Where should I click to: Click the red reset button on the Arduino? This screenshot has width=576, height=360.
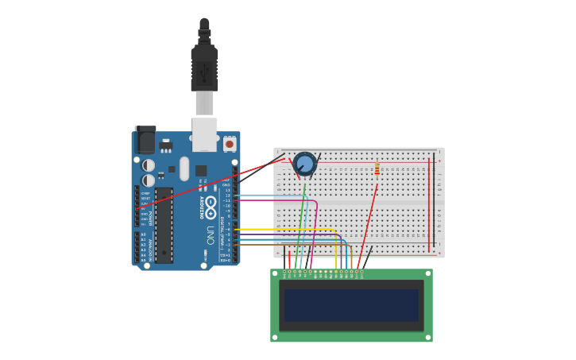230,144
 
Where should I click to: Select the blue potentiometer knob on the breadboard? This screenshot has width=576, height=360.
304,164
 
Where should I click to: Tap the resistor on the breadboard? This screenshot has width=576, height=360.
377,168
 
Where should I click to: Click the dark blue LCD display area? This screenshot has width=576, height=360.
351,305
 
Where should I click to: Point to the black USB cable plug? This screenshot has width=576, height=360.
204,68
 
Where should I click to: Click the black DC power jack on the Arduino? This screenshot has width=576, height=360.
145,141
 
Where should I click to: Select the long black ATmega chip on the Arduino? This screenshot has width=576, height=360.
164,225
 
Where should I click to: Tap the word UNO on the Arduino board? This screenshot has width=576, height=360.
210,236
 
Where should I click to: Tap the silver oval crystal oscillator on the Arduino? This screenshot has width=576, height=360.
184,168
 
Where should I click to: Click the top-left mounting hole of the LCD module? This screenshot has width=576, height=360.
274,273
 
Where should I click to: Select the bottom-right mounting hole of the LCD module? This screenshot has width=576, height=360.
428,338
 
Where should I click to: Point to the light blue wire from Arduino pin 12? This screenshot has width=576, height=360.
270,195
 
